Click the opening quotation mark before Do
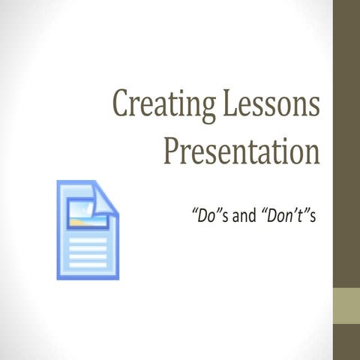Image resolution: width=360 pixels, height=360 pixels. (x=196, y=212)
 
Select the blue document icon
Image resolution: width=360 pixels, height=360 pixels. (x=87, y=229)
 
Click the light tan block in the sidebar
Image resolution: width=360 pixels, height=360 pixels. (x=346, y=304)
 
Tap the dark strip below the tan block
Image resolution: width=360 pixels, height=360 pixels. (x=346, y=341)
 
